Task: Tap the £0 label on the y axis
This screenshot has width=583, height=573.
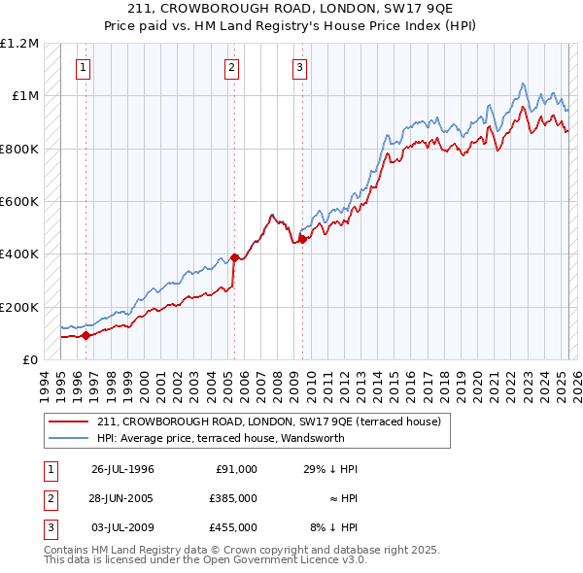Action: tap(29, 359)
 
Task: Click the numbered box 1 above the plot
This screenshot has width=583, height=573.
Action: tap(84, 68)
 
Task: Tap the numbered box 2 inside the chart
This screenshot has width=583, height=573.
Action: tap(232, 68)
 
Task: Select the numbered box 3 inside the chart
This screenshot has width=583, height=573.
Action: tap(299, 68)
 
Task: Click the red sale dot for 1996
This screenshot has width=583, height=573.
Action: tap(86, 336)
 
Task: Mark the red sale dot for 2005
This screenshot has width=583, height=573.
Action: tap(234, 258)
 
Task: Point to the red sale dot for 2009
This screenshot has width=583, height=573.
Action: tap(302, 240)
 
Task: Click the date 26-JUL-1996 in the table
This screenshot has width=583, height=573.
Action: tap(122, 468)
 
